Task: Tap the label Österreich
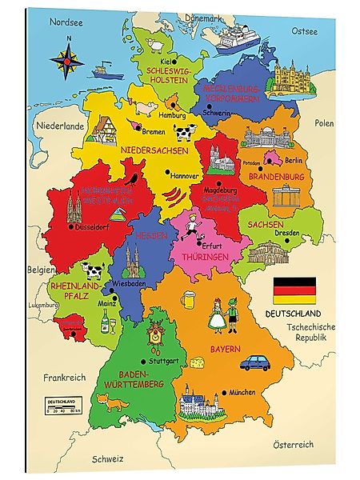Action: (x=294, y=445)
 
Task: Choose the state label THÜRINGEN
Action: (x=206, y=258)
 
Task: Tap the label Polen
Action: (x=324, y=123)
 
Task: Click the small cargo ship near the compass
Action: (x=103, y=70)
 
